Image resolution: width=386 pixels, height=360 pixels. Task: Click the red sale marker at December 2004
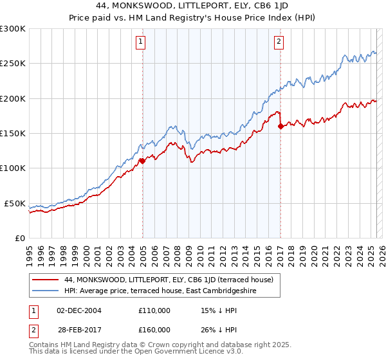142,161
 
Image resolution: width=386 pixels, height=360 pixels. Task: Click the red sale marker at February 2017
280,127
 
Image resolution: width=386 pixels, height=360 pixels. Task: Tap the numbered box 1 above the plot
140,42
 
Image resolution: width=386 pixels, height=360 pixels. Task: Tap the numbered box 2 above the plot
279,42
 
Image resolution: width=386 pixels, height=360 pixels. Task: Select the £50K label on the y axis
15,203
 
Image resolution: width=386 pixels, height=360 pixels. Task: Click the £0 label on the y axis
19,238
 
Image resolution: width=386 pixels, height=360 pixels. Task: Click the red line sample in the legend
46,280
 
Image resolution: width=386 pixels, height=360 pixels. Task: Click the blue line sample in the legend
46,291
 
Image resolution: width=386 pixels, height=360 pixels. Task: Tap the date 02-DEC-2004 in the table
78,310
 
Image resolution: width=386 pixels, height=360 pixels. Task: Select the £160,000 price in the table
154,329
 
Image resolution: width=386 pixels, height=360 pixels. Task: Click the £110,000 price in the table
154,310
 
